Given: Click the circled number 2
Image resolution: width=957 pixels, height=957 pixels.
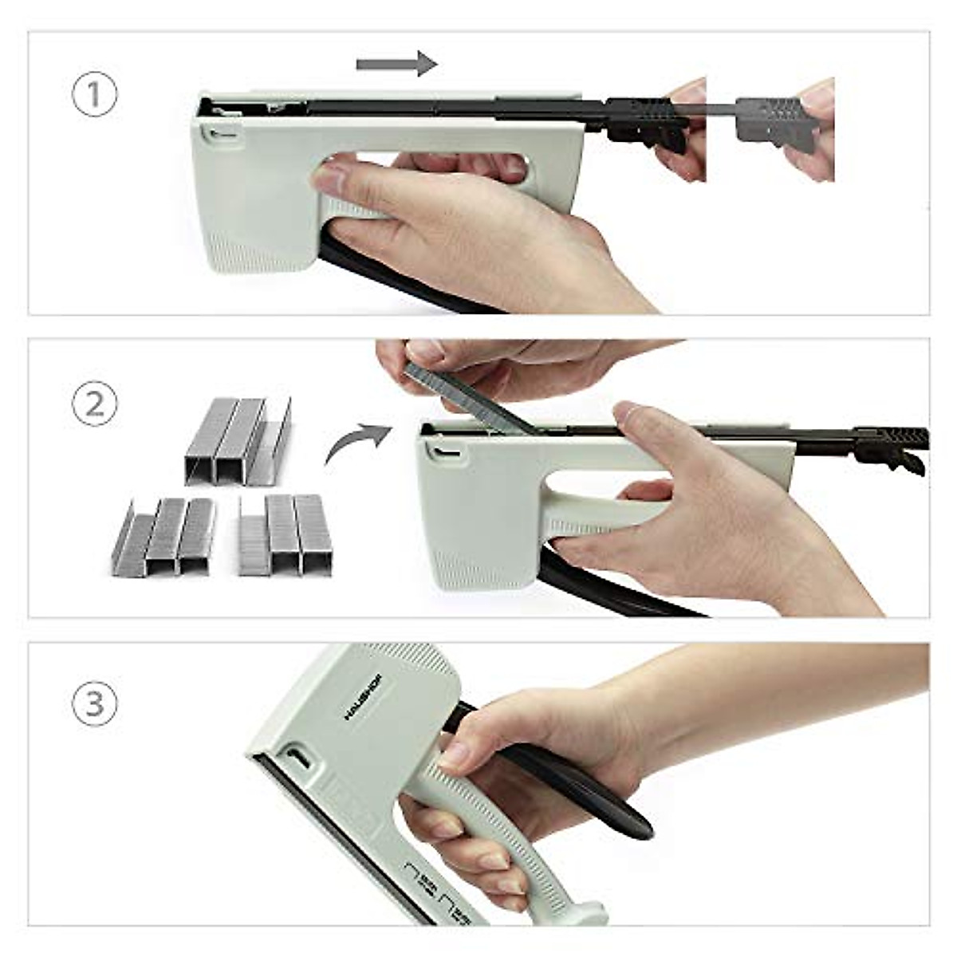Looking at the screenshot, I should (95, 404).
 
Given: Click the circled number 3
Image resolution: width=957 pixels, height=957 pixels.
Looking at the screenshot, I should (95, 703).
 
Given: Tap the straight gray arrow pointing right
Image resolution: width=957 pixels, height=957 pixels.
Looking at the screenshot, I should (396, 64).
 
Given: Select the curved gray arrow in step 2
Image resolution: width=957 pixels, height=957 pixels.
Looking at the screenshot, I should (357, 443).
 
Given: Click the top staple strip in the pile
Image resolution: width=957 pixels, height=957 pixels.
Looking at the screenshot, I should (237, 441).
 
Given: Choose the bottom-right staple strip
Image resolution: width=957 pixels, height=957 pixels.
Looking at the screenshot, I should (286, 534).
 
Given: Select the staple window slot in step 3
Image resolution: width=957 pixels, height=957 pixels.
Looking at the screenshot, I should (299, 758).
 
